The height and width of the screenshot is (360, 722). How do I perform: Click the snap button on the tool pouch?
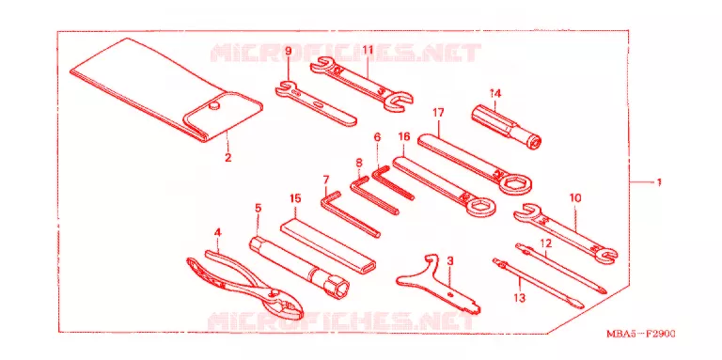(212, 106)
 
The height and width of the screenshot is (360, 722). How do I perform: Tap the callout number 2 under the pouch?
(228, 158)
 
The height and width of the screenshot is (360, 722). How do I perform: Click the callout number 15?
(295, 198)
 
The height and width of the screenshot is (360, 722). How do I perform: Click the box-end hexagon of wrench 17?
(516, 184)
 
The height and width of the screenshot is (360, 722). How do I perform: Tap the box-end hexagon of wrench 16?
(479, 207)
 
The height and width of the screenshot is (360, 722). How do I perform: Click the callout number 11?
(367, 49)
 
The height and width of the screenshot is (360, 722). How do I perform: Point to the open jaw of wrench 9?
(286, 86)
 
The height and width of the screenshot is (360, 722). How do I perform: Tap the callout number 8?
(359, 163)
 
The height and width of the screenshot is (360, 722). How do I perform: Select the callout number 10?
(575, 198)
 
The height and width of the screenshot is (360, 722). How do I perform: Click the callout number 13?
(519, 298)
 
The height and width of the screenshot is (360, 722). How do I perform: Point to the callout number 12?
(545, 242)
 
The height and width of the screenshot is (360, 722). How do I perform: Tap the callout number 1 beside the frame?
(659, 182)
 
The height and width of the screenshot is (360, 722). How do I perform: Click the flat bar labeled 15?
(328, 247)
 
